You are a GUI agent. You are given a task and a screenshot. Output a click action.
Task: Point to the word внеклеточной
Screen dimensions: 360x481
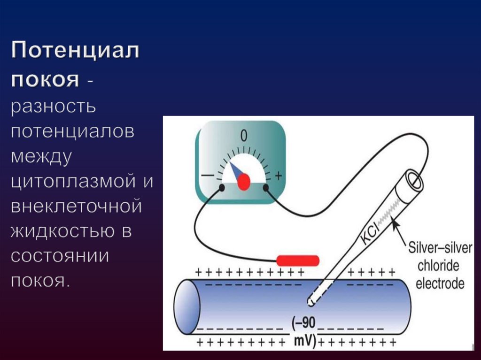[76, 207]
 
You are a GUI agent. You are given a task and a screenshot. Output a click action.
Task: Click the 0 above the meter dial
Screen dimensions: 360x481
[243, 136]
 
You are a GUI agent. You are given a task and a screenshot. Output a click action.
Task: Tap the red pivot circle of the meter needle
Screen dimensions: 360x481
[243, 181]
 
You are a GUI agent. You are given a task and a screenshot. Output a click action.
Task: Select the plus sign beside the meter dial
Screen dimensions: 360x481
[278, 176]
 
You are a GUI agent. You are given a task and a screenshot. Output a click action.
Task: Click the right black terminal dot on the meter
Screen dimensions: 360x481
[265, 188]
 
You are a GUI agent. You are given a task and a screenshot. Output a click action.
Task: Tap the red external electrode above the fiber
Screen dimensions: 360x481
[298, 260]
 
